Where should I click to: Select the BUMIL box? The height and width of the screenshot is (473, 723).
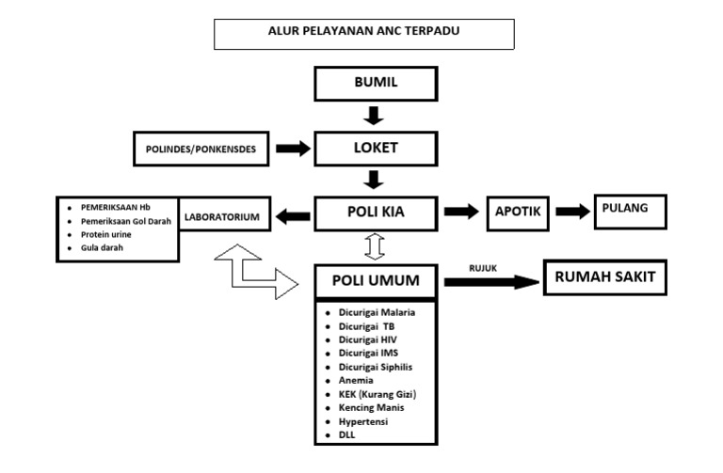[x=375, y=84]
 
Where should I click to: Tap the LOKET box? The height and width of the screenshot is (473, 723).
[x=375, y=148]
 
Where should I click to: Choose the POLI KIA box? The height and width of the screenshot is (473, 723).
[x=375, y=213]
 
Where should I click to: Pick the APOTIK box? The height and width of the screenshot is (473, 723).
[x=517, y=213]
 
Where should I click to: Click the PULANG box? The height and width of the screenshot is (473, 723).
[x=628, y=210]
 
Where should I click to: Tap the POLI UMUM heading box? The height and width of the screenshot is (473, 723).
[x=375, y=280]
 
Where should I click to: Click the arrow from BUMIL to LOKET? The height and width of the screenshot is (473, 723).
[x=375, y=116]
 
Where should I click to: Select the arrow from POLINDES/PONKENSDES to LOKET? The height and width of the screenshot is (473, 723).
[x=292, y=149]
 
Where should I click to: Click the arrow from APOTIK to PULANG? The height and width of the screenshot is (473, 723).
[x=571, y=212]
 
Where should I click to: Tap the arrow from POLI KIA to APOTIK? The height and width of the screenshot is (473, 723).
[x=461, y=213]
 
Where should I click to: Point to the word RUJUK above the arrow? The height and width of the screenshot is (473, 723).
[x=483, y=268]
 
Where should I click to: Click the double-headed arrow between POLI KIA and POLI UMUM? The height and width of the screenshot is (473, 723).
[x=375, y=246]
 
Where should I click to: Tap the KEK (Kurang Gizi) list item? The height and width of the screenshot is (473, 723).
[x=377, y=395]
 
